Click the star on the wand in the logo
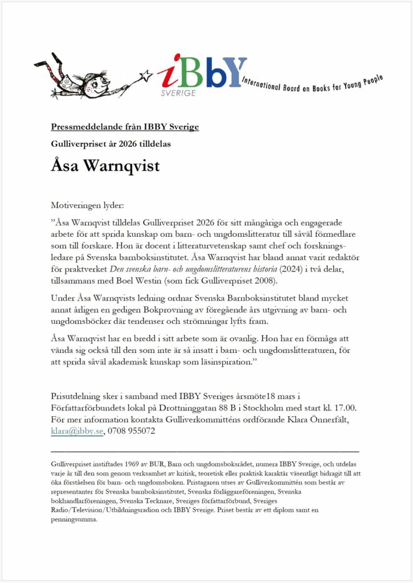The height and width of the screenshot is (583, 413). click(147, 75)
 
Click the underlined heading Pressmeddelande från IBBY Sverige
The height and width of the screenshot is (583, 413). click(125, 126)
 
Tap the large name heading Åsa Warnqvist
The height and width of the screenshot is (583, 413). click(105, 166)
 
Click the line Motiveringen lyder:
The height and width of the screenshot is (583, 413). click(87, 204)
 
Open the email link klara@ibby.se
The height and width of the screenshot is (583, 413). click(77, 431)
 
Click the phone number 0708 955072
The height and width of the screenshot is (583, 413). click(131, 431)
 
